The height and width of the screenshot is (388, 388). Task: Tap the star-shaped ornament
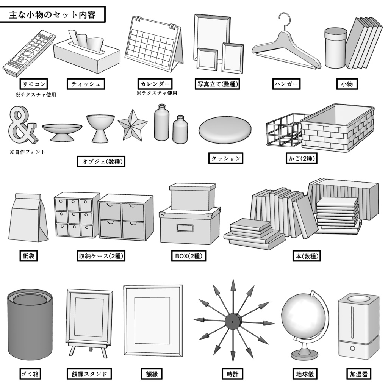(132, 125)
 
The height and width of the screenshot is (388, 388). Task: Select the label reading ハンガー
(286, 84)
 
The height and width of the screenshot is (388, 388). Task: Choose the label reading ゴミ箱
(30, 374)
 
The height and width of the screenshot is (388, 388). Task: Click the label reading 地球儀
(304, 374)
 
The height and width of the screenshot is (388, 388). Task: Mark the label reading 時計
(232, 374)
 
